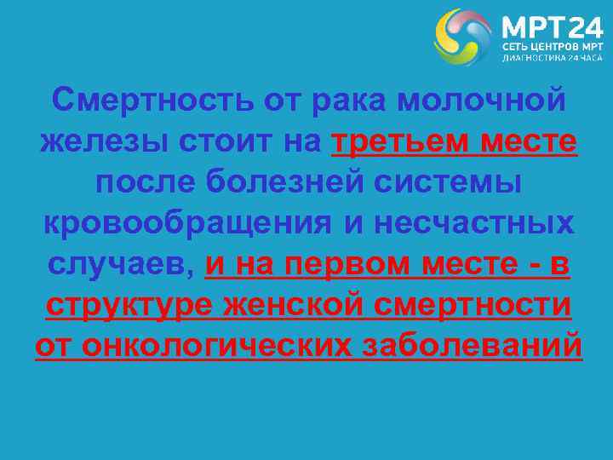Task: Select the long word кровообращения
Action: point(187,223)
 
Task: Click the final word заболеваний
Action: point(473,344)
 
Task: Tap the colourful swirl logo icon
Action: point(463,37)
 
